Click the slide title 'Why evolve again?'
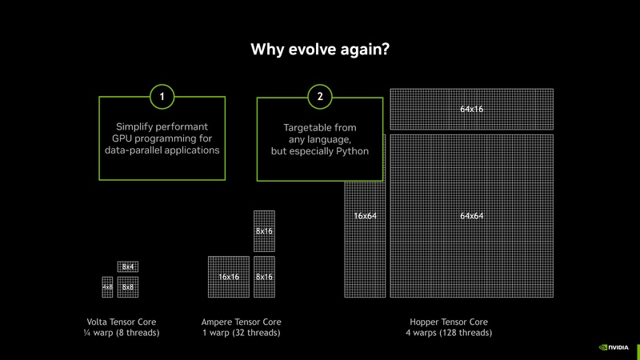tap(320, 50)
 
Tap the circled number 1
tap(162, 98)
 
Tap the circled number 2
tap(320, 98)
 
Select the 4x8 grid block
tap(107, 286)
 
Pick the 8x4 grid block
tap(128, 266)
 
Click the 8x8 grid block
tap(128, 286)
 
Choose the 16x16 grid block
tap(229, 277)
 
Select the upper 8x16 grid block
tap(264, 230)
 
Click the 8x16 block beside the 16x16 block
tap(264, 277)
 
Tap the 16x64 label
tap(366, 216)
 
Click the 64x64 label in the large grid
tap(471, 216)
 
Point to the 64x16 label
tap(471, 109)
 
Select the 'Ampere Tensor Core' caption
tap(241, 322)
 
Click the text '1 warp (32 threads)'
tap(241, 333)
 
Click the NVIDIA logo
tap(614, 348)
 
